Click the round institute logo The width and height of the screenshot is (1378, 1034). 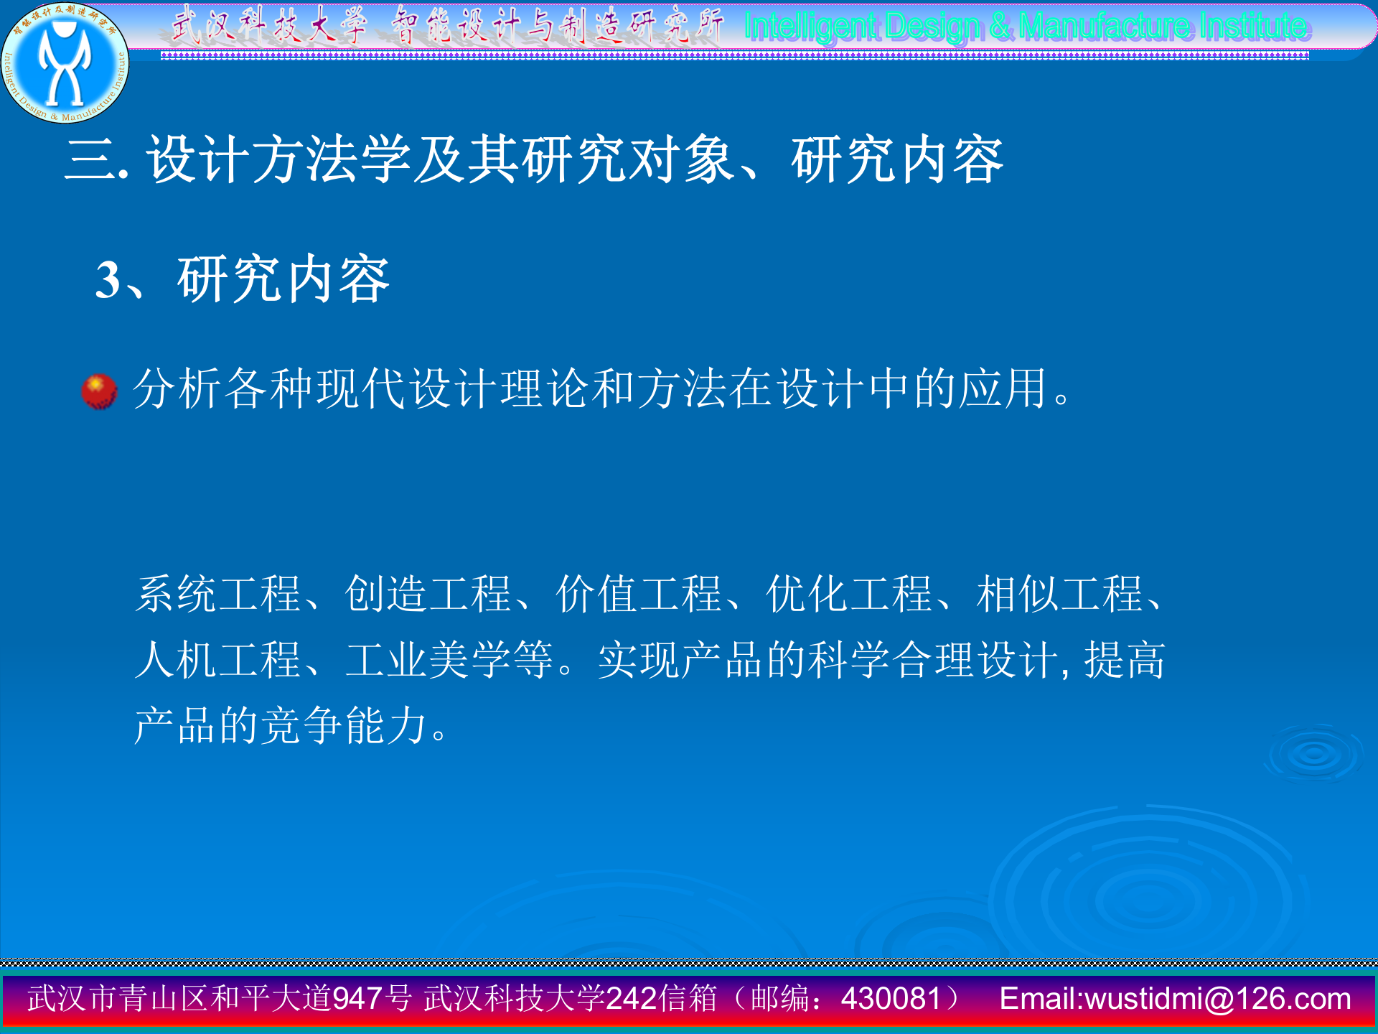[x=65, y=63]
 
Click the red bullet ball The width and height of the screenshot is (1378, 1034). [x=99, y=391]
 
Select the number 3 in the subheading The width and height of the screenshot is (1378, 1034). [x=108, y=280]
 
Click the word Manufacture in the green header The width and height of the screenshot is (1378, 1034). [x=1105, y=27]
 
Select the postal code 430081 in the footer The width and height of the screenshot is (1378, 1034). [x=891, y=999]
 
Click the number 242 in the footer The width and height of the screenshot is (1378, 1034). [x=632, y=999]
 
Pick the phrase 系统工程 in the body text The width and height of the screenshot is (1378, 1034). [x=218, y=595]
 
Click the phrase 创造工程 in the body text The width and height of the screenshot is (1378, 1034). [x=428, y=595]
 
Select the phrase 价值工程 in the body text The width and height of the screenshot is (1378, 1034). [x=638, y=595]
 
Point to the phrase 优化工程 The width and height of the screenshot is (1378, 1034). [x=849, y=595]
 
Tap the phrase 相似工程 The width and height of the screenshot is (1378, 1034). [x=1059, y=595]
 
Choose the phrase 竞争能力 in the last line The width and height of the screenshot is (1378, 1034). [x=344, y=725]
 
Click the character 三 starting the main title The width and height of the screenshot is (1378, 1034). [x=90, y=159]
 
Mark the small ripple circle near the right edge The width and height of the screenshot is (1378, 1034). [x=1315, y=754]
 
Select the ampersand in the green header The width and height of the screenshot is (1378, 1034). [x=1000, y=27]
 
